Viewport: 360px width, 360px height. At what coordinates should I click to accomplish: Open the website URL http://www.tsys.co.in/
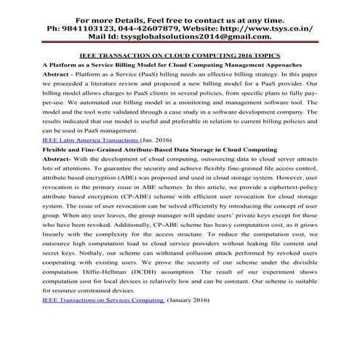[273, 28]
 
